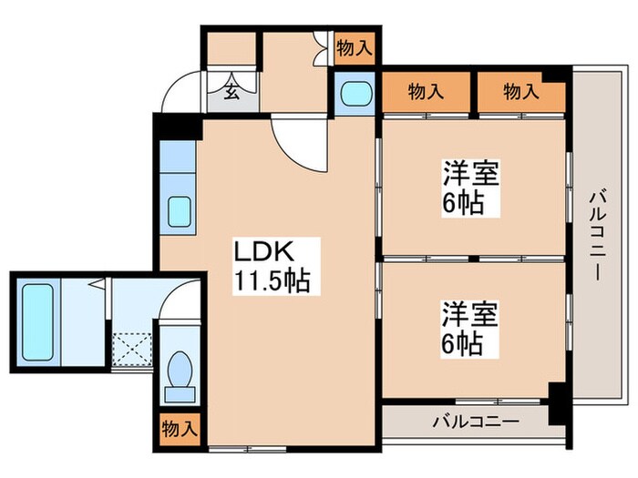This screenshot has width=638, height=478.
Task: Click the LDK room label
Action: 264,250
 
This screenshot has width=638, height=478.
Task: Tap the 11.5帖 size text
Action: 273,280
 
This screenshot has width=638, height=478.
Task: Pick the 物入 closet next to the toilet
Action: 179,428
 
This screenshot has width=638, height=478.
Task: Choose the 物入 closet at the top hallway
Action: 354,47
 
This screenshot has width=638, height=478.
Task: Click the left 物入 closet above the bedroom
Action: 426,91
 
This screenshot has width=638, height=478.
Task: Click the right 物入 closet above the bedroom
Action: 520,91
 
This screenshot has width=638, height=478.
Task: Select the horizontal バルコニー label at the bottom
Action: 474,422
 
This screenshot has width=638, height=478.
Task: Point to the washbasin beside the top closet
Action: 353,93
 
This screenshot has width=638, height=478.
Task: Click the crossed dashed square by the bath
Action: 132,346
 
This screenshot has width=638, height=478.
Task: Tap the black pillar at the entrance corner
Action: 178,126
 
